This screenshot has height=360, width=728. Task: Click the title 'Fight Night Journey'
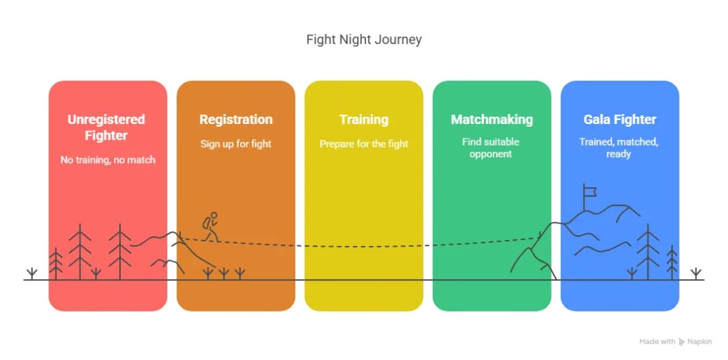click(364, 39)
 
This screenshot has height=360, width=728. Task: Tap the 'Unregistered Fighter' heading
click(107, 127)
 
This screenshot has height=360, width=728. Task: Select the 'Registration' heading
click(236, 120)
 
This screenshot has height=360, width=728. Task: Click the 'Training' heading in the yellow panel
click(364, 120)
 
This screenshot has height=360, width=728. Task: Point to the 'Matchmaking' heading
click(491, 120)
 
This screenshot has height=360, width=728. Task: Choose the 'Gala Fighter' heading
click(619, 120)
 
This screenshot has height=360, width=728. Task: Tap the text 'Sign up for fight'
click(236, 144)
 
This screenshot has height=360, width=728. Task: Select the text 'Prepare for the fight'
click(364, 144)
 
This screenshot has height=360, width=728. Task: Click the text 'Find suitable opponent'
click(491, 148)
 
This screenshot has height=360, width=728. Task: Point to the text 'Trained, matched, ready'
click(619, 148)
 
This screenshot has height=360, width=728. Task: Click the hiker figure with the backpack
click(211, 227)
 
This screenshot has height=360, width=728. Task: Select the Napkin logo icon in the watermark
click(682, 342)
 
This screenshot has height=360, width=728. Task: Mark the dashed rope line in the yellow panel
click(364, 246)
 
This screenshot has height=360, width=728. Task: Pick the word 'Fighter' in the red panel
click(107, 136)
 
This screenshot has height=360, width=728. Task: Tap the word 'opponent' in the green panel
click(491, 154)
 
